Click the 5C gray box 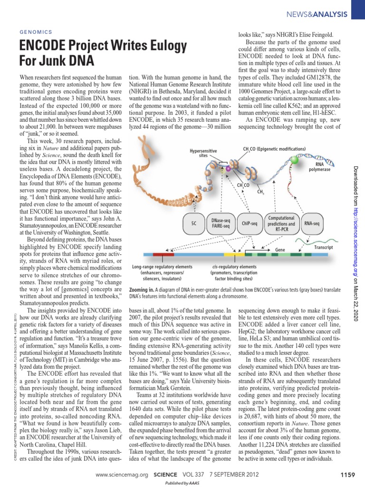pyautogui.click(x=193, y=223)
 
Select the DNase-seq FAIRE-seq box pyautogui.click(x=221, y=223)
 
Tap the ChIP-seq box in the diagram pyautogui.click(x=249, y=223)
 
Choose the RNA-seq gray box pyautogui.click(x=312, y=223)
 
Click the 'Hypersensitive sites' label pyautogui.click(x=203, y=153)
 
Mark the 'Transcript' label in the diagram pyautogui.click(x=323, y=248)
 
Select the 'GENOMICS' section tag pyautogui.click(x=36, y=31)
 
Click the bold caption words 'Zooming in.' pyautogui.click(x=143, y=290)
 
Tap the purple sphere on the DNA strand pyautogui.click(x=228, y=168)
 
